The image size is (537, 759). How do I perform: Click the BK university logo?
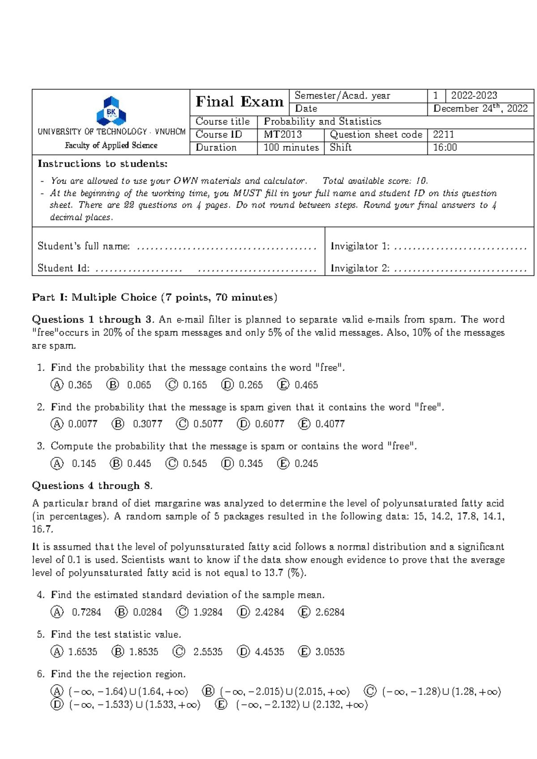(x=111, y=111)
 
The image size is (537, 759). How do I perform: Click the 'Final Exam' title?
(x=239, y=102)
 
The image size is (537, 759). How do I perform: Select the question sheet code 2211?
(x=443, y=134)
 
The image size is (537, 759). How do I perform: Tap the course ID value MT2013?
(x=283, y=134)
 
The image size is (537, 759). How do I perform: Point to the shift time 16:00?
(x=445, y=147)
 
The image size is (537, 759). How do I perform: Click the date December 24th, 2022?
(x=480, y=108)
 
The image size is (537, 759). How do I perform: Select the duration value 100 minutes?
(x=291, y=147)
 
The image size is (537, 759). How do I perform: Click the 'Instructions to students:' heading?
(x=102, y=163)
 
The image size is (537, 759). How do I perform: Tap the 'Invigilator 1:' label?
(x=360, y=246)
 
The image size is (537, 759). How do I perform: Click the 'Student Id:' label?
(x=63, y=268)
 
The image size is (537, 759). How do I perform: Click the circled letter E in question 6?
(x=221, y=705)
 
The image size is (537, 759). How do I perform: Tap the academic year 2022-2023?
(x=474, y=95)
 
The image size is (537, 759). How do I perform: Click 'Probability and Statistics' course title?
(x=322, y=121)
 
